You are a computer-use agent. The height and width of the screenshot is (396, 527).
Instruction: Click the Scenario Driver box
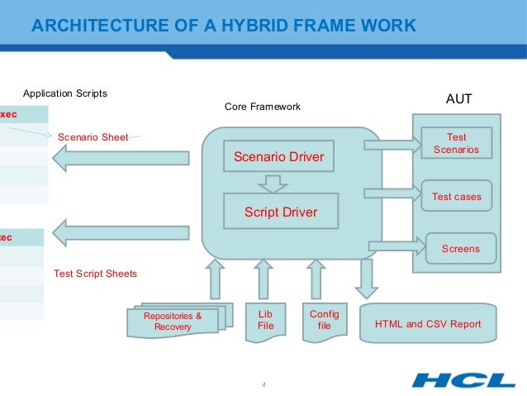278,156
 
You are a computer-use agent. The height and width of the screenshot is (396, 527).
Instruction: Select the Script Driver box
280,212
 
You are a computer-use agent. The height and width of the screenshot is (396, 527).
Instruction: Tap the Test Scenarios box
456,143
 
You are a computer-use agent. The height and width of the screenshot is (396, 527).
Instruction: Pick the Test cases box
456,197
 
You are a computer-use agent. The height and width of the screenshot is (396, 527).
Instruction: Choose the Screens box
460,248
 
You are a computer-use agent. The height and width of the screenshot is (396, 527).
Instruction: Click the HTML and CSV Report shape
427,324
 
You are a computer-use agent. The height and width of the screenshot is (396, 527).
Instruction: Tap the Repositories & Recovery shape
172,322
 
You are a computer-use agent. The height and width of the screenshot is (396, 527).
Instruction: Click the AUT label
458,99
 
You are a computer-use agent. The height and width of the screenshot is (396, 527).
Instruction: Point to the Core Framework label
263,107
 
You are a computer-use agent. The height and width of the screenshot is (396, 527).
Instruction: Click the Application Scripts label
64,93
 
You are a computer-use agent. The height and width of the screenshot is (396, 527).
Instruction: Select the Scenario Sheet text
92,137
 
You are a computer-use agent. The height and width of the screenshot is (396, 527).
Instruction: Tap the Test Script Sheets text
95,273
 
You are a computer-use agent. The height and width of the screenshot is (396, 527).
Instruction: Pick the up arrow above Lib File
263,278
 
